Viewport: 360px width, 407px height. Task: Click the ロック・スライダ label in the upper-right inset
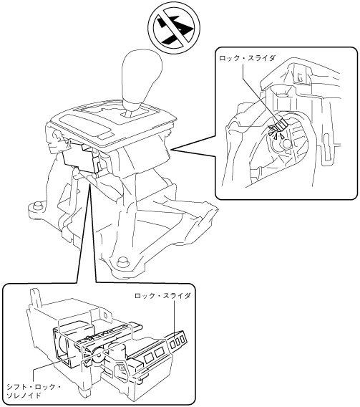[246, 58]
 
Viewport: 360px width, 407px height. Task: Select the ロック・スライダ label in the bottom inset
[162, 296]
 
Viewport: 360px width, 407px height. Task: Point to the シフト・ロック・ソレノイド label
[34, 391]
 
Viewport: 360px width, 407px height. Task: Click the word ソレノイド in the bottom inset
[24, 395]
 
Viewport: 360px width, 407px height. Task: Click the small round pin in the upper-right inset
[287, 144]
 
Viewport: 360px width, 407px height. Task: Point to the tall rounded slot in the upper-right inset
[326, 143]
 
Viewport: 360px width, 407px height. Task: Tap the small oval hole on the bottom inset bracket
[105, 315]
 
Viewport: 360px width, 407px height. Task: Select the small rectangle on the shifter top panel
[106, 135]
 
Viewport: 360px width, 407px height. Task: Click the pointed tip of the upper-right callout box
[172, 149]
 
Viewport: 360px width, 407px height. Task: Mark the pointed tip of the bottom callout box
[90, 183]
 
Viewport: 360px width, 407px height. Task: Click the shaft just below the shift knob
[131, 112]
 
